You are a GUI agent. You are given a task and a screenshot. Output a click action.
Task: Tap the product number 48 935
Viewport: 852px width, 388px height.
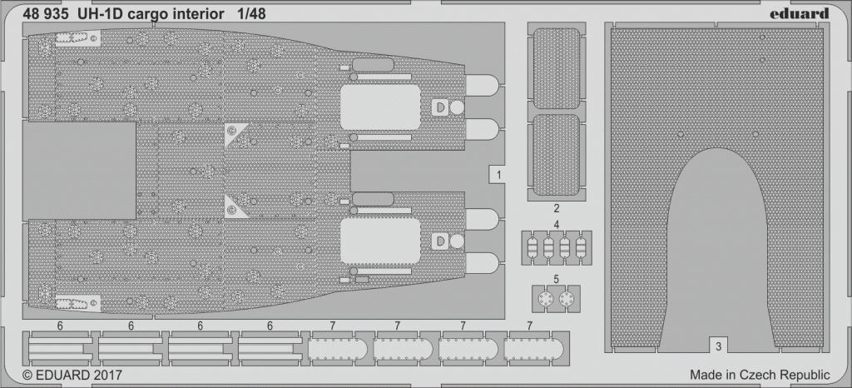coord(46,15)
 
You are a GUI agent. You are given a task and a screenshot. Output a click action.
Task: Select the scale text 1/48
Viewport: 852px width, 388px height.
coord(251,15)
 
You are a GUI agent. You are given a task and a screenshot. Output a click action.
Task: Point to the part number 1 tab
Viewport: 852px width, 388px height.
coord(499,175)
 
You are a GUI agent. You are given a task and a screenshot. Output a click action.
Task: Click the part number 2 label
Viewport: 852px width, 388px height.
coord(557,208)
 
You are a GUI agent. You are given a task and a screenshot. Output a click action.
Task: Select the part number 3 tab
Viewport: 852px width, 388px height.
coord(718,345)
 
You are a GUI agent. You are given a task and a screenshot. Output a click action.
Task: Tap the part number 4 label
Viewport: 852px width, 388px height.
coord(557,224)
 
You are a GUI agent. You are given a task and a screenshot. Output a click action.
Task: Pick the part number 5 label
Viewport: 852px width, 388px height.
coord(557,279)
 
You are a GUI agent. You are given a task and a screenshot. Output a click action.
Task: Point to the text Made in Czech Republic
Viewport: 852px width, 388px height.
coord(760,375)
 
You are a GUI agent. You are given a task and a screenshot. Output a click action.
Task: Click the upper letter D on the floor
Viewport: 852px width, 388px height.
coord(439,107)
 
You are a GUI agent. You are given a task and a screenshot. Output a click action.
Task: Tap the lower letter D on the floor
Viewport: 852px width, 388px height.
coord(440,241)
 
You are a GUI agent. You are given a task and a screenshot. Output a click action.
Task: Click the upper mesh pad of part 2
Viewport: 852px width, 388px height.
coord(557,68)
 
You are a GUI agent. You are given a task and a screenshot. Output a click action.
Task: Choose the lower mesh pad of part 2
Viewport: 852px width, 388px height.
coord(557,155)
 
